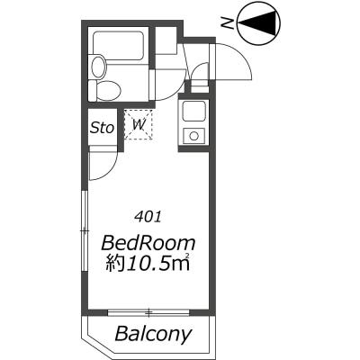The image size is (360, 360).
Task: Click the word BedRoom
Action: click(x=148, y=244)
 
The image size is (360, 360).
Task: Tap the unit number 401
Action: click(x=148, y=217)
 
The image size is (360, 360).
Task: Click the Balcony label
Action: click(x=153, y=333)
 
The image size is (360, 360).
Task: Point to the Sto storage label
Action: click(x=103, y=128)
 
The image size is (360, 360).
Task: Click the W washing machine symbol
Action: click(x=139, y=124)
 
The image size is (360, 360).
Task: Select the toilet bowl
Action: click(x=109, y=89)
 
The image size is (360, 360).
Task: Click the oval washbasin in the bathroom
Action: click(x=98, y=67)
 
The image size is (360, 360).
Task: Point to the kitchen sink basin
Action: click(x=194, y=111)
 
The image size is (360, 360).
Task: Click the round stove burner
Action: click(x=194, y=136)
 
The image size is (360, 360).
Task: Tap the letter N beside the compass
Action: click(x=227, y=22)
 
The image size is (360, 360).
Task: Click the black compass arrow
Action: click(x=260, y=22)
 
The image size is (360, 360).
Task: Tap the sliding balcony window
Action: click(x=148, y=313)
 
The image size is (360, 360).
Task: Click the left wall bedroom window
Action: click(x=85, y=230)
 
